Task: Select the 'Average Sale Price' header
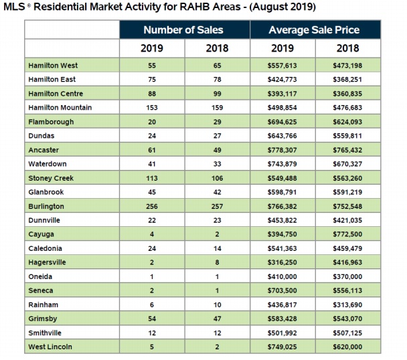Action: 314,30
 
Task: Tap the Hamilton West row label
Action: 54,66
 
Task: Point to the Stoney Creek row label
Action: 51,178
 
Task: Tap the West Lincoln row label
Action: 51,347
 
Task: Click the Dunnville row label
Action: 47,220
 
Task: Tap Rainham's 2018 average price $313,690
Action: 347,304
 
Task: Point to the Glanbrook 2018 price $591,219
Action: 347,192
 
